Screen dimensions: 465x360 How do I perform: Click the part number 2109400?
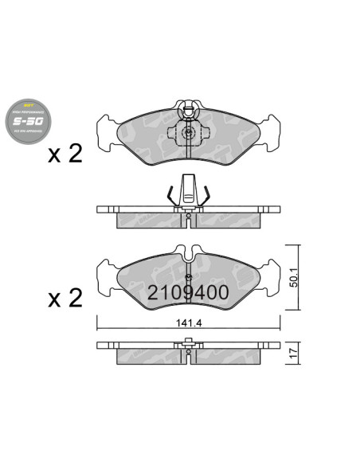[188, 293]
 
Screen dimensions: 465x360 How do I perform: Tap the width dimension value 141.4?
[190, 322]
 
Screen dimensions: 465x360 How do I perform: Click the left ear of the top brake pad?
[107, 131]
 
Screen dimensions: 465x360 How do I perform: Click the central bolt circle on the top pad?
[187, 135]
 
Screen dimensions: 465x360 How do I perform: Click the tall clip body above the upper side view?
[187, 189]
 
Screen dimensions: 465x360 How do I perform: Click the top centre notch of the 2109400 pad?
[187, 253]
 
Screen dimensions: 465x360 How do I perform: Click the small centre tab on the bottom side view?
[187, 343]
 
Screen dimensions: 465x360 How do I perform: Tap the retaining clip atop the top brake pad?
[187, 109]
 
